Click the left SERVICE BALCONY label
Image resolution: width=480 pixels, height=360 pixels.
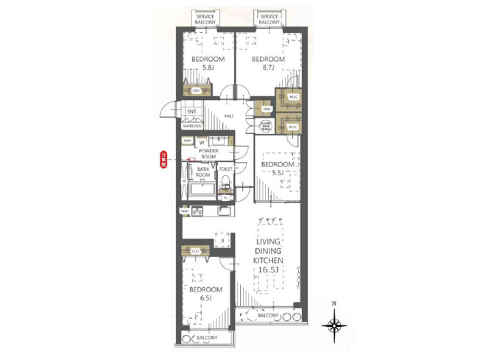coord(205,19)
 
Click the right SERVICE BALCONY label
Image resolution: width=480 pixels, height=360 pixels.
coord(269,19)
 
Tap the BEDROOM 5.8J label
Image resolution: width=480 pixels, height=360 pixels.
coord(208,63)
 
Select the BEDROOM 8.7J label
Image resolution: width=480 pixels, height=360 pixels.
coord(267,63)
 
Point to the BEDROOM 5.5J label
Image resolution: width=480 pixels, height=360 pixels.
coord(278,168)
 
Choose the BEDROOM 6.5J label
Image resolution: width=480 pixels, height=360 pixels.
coord(205,294)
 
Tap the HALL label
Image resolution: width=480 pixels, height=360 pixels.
coord(229,116)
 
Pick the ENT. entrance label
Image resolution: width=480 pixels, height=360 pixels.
coord(192,112)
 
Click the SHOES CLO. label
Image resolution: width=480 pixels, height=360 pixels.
coord(193,125)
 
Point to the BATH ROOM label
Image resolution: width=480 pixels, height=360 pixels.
coord(203,172)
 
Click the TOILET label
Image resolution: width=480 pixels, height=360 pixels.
coord(225,169)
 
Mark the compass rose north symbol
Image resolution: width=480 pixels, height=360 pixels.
coord(335,324)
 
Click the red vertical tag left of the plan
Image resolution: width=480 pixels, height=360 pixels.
coord(164,160)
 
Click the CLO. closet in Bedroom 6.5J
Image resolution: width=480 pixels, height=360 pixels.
coord(197,252)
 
